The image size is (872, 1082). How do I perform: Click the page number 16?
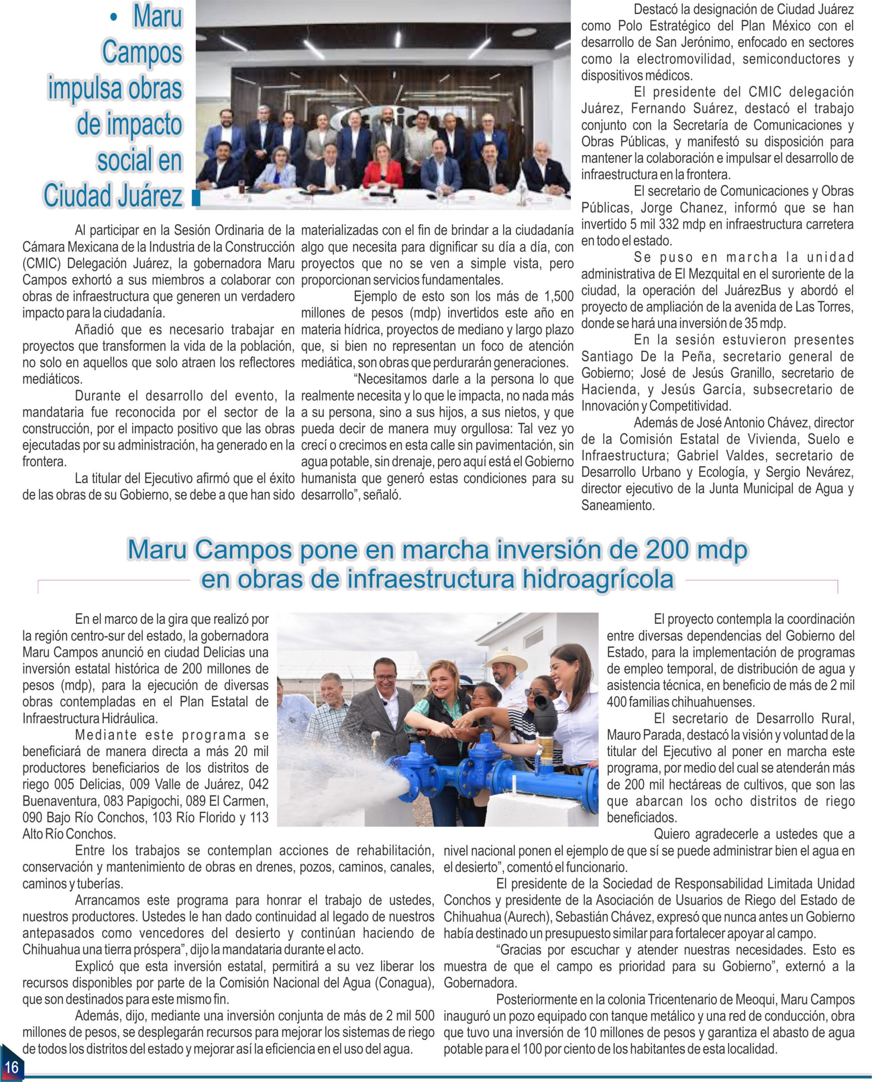pyautogui.click(x=11, y=1066)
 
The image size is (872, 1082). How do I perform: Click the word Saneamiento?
pyautogui.click(x=618, y=505)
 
